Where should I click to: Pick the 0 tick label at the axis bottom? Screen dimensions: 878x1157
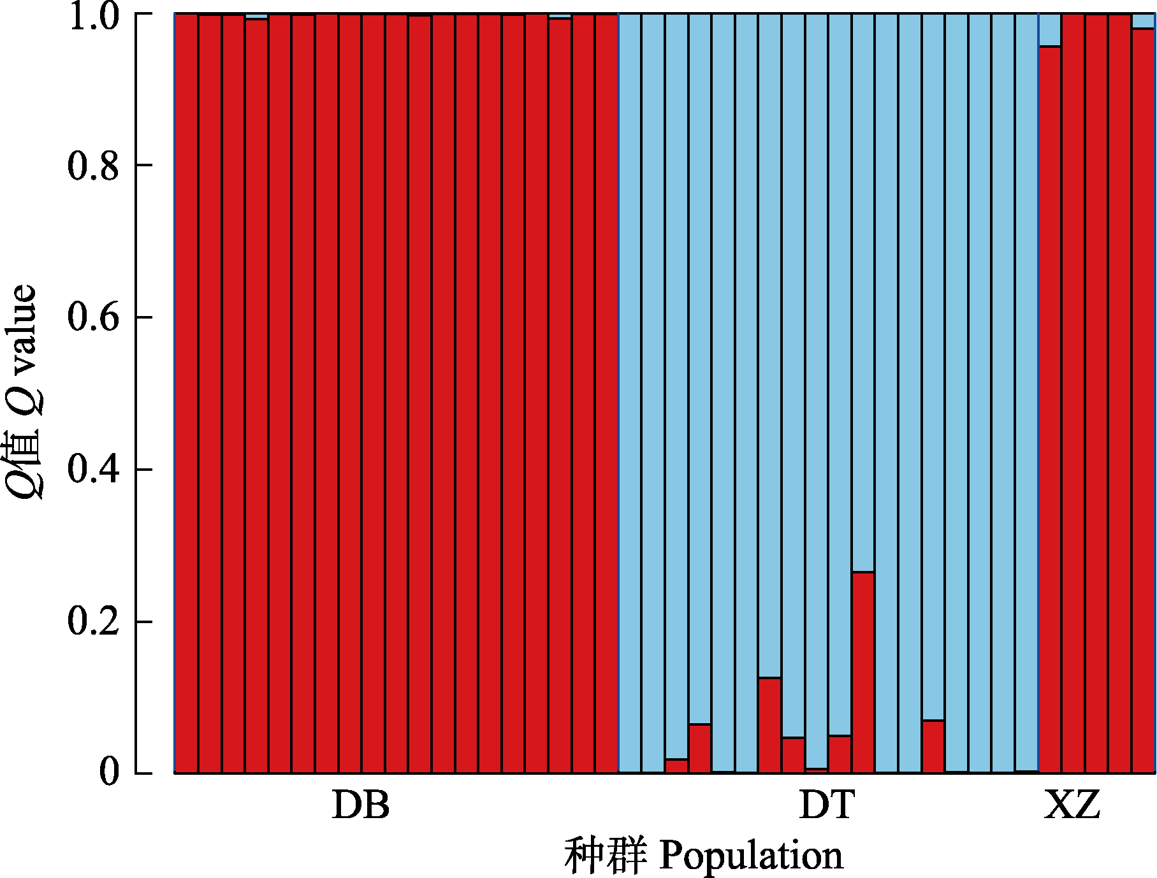pyautogui.click(x=109, y=772)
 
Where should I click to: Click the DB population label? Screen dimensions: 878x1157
pyautogui.click(x=360, y=805)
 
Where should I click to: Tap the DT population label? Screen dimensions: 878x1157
pyautogui.click(x=826, y=805)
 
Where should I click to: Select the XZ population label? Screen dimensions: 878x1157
pyautogui.click(x=1072, y=805)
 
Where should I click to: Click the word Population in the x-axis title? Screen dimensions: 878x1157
pyautogui.click(x=751, y=856)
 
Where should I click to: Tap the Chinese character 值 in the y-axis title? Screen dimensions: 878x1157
pyautogui.click(x=24, y=446)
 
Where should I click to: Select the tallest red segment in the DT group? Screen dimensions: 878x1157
pyautogui.click(x=863, y=672)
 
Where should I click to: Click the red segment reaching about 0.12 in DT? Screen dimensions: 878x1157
pyautogui.click(x=770, y=725)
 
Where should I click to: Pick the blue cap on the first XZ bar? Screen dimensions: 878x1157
pyautogui.click(x=1050, y=30)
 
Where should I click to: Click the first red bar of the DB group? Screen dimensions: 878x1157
pyautogui.click(x=186, y=392)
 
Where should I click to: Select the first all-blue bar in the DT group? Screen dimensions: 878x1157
pyautogui.click(x=630, y=392)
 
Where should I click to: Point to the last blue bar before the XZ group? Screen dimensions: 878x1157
pyautogui.click(x=1026, y=392)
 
